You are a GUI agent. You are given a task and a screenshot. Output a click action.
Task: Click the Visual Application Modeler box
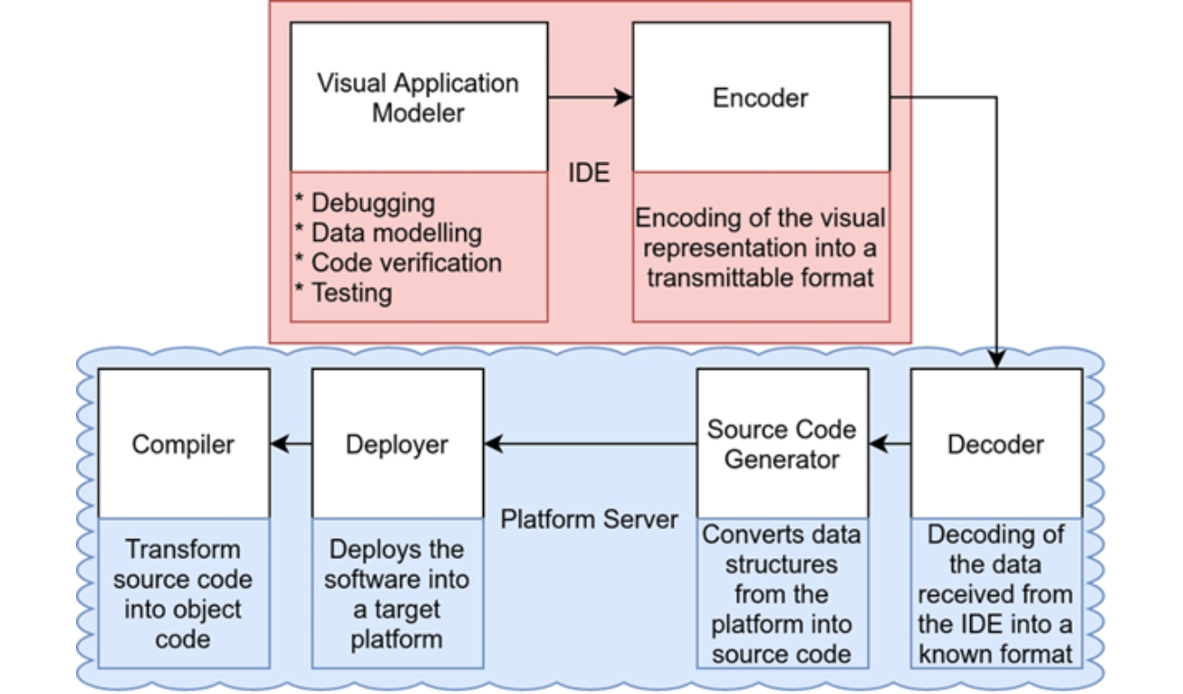click(418, 97)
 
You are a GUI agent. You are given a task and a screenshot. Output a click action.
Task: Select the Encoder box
click(761, 97)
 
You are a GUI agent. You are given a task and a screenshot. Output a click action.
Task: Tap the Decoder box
click(995, 443)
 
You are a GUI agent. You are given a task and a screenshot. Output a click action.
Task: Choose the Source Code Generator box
click(782, 443)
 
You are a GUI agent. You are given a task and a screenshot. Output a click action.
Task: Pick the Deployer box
click(397, 443)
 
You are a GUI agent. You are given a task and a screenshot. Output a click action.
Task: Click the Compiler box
click(183, 443)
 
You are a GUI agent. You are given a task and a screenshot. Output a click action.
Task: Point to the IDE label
click(589, 173)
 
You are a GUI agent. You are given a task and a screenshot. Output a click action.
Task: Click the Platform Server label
click(590, 519)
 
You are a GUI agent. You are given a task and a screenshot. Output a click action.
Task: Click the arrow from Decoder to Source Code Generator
click(890, 444)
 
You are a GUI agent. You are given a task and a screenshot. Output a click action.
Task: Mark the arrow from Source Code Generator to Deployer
click(590, 444)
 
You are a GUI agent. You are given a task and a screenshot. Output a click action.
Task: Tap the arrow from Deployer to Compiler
click(290, 444)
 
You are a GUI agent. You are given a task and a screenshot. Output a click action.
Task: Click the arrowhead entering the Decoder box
click(996, 360)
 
